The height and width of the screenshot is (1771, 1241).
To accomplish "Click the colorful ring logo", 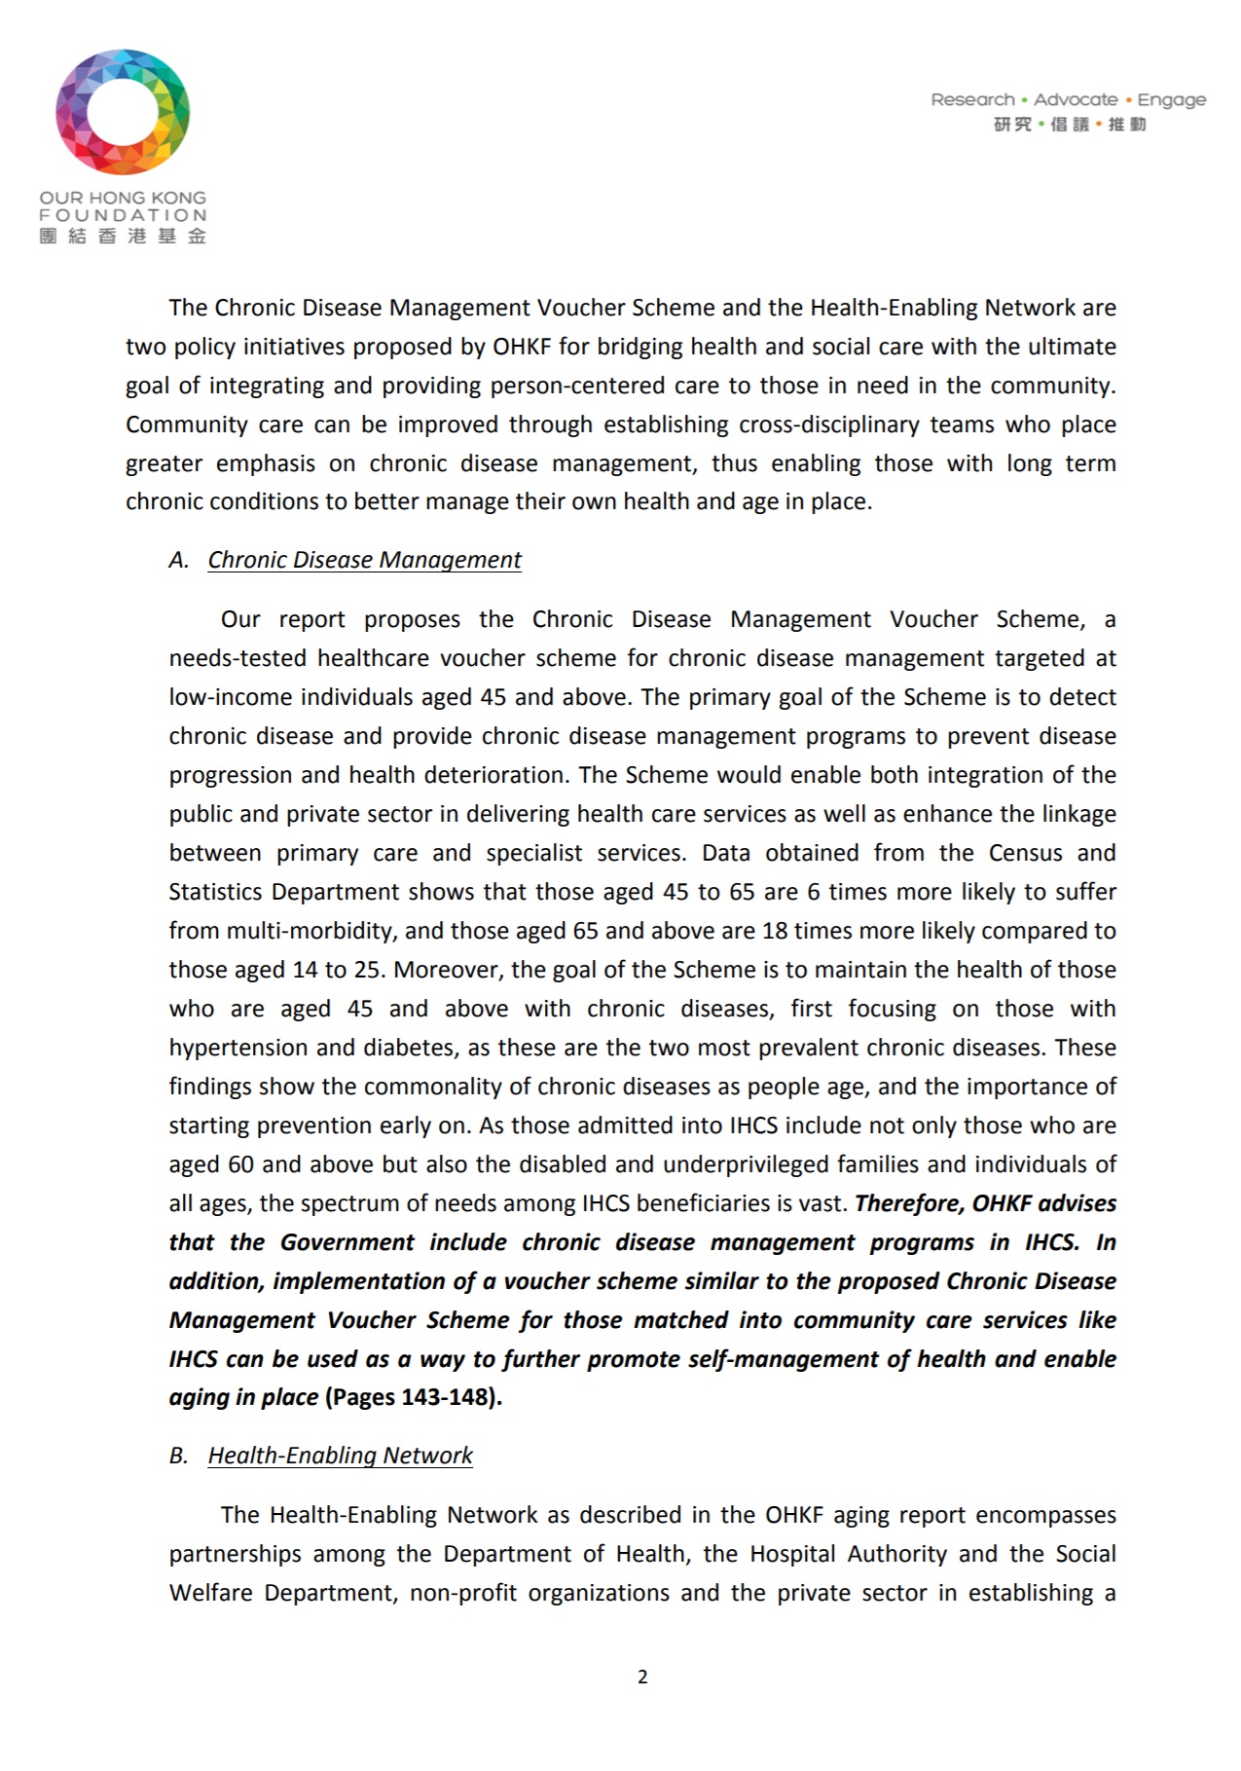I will click(123, 112).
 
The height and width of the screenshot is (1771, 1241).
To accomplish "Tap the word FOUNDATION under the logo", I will click(123, 215).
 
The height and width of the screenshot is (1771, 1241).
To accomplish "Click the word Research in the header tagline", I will click(972, 99).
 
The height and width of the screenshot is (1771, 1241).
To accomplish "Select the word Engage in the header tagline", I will click(1172, 99).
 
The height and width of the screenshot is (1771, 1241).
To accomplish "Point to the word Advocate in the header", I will click(1076, 99).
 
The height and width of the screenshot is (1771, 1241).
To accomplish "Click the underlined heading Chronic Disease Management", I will click(364, 560).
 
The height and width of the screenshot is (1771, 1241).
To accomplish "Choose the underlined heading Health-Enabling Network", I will click(340, 1456).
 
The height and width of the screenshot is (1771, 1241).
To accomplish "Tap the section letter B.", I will click(177, 1456).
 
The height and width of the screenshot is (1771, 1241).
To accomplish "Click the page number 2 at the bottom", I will click(642, 1677).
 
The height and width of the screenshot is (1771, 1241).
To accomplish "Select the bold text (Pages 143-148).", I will click(414, 1397).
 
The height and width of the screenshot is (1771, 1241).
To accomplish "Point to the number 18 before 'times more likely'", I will click(775, 931).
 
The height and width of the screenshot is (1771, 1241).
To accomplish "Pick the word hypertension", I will click(238, 1048).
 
